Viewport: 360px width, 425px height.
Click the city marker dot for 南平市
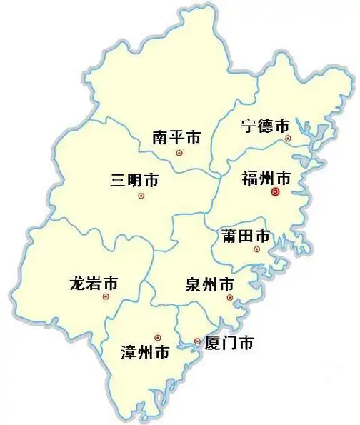(179, 152)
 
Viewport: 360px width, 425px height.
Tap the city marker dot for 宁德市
(288, 138)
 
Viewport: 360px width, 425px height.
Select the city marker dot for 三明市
(141, 196)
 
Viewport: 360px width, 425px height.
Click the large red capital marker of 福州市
(276, 191)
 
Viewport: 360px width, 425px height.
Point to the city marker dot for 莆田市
(256, 249)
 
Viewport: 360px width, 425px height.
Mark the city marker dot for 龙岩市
(106, 296)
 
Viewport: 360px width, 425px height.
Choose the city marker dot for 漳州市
(158, 336)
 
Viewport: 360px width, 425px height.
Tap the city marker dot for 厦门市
(197, 342)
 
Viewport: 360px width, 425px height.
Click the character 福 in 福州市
(249, 176)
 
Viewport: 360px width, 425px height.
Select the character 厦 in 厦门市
(212, 343)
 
